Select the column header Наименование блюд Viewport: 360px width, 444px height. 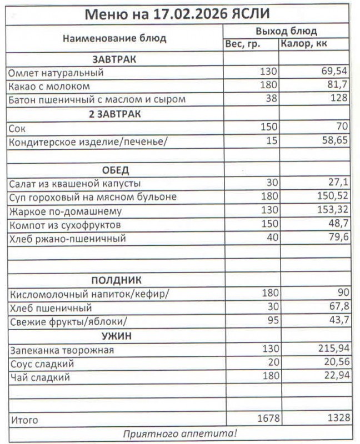pos(114,38)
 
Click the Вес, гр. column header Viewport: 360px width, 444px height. pos(242,44)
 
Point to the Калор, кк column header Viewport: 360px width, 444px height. pos(304,44)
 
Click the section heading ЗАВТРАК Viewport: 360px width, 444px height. pos(114,59)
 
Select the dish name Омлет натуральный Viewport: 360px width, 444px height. pos(56,73)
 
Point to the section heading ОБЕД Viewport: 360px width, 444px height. pos(115,170)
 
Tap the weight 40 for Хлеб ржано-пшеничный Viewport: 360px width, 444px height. pos(269,239)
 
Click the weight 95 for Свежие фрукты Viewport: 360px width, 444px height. pos(269,321)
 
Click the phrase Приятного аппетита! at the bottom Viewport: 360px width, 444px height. pos(179,433)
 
